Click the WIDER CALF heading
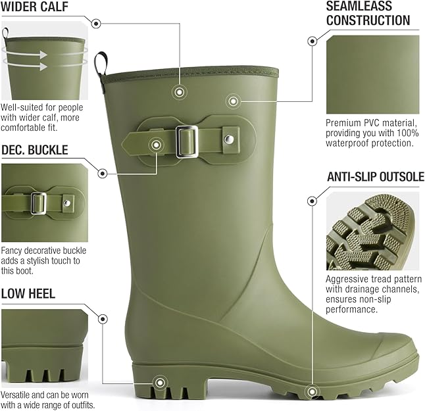(x=38, y=8)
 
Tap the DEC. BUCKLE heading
(x=34, y=151)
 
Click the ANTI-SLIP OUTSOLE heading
(x=375, y=177)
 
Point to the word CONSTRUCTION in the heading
(x=368, y=20)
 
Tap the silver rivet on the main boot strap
(x=228, y=139)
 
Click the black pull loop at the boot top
(x=100, y=64)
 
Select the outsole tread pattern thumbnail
(x=372, y=232)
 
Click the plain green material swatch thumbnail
(x=372, y=74)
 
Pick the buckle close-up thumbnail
(x=43, y=203)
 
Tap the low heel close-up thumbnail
(x=43, y=346)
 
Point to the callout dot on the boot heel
(x=159, y=381)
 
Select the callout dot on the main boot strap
(x=156, y=144)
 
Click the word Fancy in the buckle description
(x=13, y=251)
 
